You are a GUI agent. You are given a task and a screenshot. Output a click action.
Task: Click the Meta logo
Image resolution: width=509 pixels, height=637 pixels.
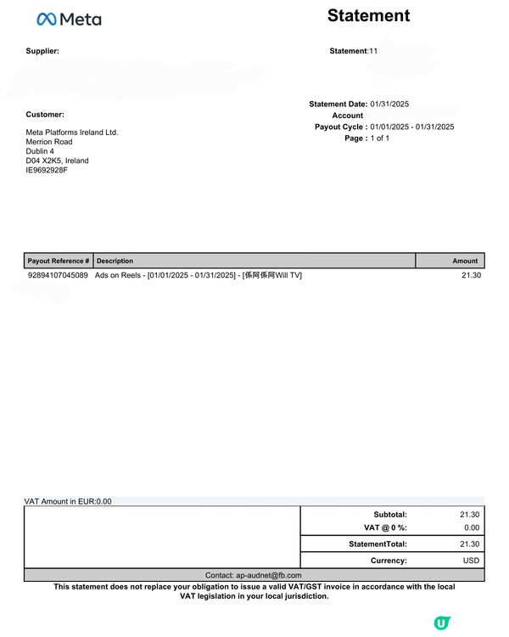tap(70, 19)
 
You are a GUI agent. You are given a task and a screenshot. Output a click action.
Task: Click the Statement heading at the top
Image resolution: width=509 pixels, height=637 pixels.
tap(368, 15)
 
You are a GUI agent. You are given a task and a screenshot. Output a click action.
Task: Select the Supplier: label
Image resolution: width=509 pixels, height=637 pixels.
tap(42, 51)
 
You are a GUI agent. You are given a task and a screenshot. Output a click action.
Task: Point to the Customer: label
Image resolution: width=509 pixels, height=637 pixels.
tap(45, 114)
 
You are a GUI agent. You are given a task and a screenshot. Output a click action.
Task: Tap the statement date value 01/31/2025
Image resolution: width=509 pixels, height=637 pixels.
tap(389, 104)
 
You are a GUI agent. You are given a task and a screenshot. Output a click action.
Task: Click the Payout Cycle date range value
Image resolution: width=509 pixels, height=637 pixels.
tap(412, 127)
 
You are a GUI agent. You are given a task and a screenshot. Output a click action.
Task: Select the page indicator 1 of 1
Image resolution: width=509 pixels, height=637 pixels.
tap(379, 138)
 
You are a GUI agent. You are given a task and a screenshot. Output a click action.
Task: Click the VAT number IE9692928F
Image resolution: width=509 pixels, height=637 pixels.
tap(47, 170)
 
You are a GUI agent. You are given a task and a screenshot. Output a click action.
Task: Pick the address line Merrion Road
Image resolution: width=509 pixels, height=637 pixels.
tap(49, 142)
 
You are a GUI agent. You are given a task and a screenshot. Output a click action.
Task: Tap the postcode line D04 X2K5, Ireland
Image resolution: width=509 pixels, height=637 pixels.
tap(57, 161)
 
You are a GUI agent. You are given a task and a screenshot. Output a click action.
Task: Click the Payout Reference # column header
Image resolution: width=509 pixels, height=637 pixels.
tap(58, 261)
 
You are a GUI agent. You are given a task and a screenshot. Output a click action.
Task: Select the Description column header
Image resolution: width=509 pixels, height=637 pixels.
tap(115, 261)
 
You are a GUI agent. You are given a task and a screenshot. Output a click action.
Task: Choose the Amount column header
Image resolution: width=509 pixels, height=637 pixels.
tap(465, 261)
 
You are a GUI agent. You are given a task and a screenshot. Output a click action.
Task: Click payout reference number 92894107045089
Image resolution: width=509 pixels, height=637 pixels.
tap(58, 275)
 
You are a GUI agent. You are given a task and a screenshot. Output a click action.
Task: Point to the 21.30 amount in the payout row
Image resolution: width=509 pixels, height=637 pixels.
tap(471, 275)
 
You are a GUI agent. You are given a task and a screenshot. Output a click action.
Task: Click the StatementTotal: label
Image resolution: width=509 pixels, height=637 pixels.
tap(378, 544)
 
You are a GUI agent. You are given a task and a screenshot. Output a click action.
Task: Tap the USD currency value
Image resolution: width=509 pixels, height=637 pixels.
tap(472, 561)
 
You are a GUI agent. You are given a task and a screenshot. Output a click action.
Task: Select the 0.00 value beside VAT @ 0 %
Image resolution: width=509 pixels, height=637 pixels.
tap(472, 527)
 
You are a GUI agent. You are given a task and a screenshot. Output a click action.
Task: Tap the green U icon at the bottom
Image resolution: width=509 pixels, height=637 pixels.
tap(441, 623)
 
